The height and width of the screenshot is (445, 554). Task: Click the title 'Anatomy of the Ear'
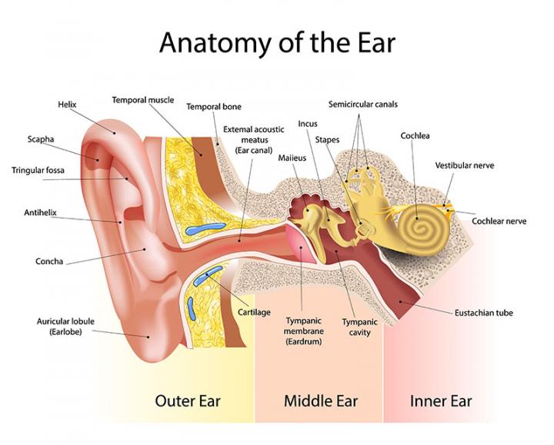click(x=276, y=42)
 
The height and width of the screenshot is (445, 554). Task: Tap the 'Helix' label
click(x=67, y=105)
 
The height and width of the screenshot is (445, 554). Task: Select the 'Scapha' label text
click(x=41, y=140)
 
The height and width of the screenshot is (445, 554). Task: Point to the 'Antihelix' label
click(x=41, y=212)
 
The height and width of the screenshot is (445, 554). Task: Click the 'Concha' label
click(x=48, y=261)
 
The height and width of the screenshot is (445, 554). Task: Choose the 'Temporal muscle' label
click(x=143, y=100)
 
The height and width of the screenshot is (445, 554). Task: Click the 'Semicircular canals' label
click(x=363, y=104)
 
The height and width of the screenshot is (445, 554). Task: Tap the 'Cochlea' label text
click(x=415, y=136)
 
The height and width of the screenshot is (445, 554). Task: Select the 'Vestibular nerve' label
click(x=465, y=165)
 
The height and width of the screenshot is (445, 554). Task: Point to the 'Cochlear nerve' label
click(x=499, y=221)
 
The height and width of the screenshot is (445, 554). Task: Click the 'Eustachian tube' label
click(x=484, y=313)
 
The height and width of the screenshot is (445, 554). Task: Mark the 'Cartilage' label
click(x=254, y=312)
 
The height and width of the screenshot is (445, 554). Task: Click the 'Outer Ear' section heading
click(x=188, y=400)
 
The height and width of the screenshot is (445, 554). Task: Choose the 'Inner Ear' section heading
click(x=441, y=400)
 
